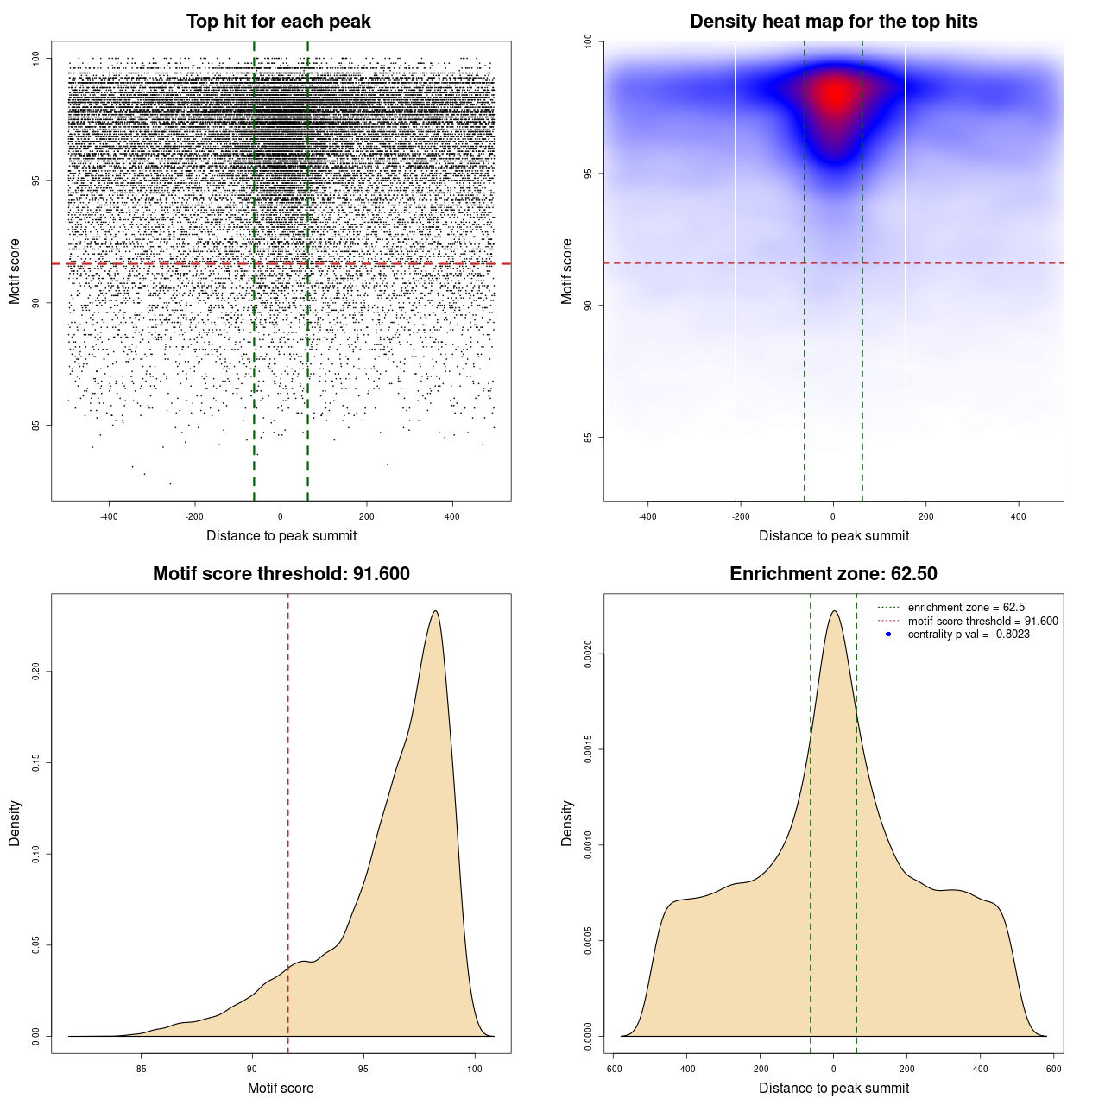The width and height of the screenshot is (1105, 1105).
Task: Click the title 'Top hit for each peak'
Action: click(x=279, y=22)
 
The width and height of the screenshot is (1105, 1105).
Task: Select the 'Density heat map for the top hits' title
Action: click(x=833, y=22)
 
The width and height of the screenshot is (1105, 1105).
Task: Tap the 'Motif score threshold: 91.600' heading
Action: click(x=281, y=574)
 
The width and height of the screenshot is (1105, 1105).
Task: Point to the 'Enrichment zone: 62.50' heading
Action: click(x=833, y=574)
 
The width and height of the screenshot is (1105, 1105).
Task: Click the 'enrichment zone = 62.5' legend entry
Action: click(x=966, y=608)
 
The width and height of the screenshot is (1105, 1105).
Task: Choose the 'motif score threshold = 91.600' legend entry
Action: click(x=982, y=622)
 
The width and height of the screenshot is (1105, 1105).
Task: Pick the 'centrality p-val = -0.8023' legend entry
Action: click(x=969, y=635)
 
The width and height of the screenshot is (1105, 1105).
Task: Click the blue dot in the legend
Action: click(x=888, y=635)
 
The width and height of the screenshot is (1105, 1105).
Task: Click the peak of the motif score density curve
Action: click(x=436, y=611)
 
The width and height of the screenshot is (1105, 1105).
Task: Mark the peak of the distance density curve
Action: click(x=834, y=611)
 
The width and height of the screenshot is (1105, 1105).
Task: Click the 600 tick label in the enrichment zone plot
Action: click(x=1054, y=1069)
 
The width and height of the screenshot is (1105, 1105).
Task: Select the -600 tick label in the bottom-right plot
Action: click(x=613, y=1069)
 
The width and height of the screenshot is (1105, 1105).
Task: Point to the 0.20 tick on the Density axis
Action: click(x=36, y=672)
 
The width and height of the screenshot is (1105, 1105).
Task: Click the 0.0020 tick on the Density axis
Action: click(x=589, y=654)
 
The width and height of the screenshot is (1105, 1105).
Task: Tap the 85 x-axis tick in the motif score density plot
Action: click(x=142, y=1069)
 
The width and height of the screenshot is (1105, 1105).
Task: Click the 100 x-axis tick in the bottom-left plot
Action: click(x=475, y=1069)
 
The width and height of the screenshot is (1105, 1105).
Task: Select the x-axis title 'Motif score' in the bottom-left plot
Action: click(x=281, y=1088)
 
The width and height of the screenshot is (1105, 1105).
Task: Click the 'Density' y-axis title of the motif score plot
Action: click(x=15, y=823)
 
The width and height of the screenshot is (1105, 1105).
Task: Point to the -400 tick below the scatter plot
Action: click(x=109, y=516)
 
